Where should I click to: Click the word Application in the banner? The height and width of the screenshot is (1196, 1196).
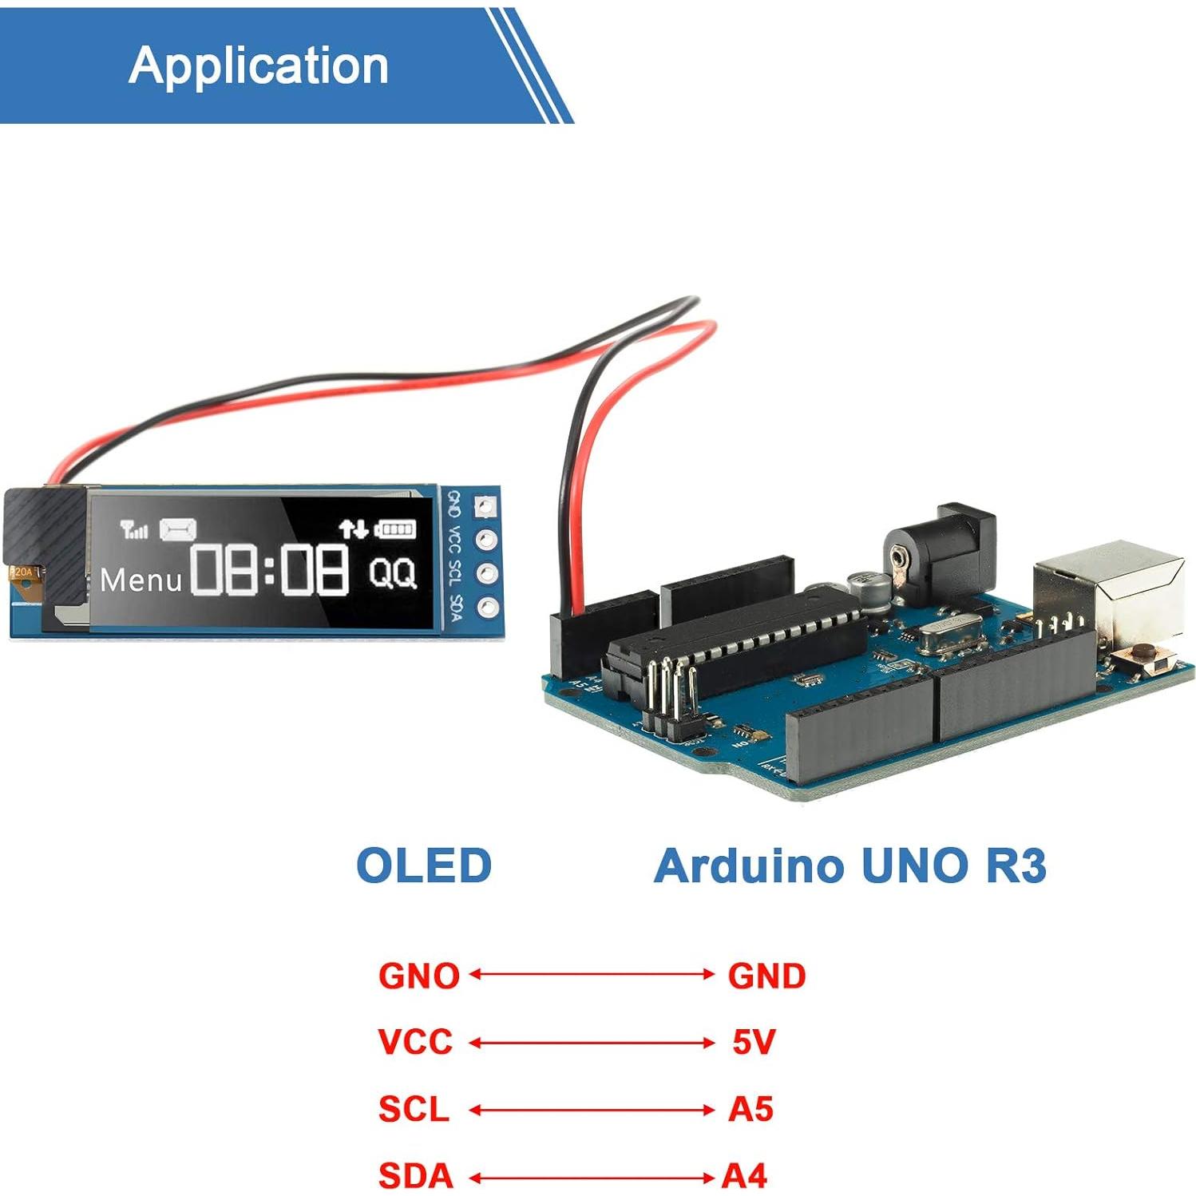(x=258, y=65)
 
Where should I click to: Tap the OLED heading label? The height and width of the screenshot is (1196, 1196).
(x=423, y=865)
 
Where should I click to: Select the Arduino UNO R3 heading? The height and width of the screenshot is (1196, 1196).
(x=849, y=865)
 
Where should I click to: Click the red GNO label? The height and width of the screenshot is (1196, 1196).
(x=418, y=976)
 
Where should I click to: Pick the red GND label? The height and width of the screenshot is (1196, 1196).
(x=766, y=976)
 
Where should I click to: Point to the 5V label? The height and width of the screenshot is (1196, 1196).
(x=754, y=1042)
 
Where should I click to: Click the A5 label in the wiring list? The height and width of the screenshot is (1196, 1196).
(x=750, y=1109)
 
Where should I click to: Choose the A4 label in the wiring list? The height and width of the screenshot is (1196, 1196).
(x=744, y=1175)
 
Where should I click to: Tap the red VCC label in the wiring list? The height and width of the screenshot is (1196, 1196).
(x=415, y=1042)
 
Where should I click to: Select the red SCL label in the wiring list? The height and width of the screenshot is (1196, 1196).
(x=414, y=1109)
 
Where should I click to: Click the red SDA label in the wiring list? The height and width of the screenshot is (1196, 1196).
(x=415, y=1175)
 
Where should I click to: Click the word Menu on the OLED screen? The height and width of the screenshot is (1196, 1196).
(x=141, y=580)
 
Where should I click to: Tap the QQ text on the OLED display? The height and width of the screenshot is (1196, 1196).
(x=392, y=572)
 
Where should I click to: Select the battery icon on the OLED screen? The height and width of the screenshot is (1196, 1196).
(x=396, y=529)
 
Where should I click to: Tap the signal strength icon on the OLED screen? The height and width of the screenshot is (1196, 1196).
(x=133, y=529)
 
